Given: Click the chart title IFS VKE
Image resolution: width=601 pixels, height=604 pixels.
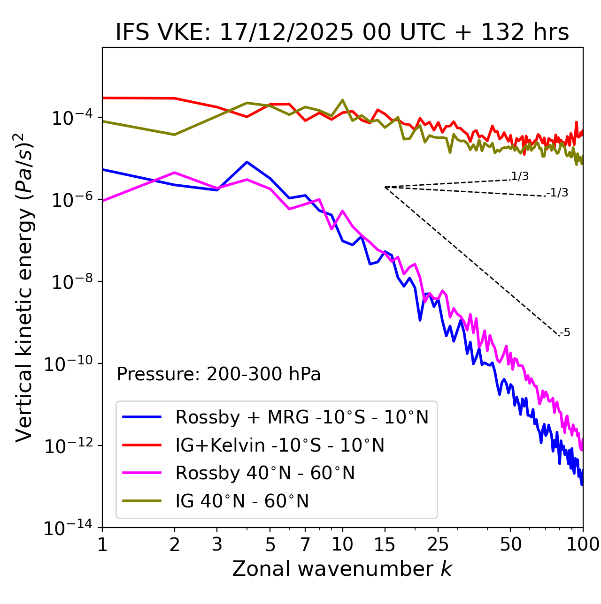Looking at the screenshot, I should point(342,33).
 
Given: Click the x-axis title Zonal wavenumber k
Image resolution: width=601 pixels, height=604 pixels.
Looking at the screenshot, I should point(342,568).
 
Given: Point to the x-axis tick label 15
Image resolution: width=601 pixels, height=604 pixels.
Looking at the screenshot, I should point(385,544).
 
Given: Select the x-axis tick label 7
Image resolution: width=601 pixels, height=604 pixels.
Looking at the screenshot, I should point(305,544).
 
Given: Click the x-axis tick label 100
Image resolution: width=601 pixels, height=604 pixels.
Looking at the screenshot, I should point(583,544).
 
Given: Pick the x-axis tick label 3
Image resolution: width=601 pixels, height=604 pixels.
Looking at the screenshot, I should point(217,544).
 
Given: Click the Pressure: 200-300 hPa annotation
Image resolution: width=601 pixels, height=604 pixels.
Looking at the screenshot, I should point(219,374).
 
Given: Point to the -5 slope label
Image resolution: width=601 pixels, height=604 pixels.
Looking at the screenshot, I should point(565,333).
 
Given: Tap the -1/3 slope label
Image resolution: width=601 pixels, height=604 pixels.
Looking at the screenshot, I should point(558,193).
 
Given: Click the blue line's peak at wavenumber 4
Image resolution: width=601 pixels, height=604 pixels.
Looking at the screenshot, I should point(247,162).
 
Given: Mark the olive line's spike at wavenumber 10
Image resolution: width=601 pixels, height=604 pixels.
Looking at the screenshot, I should point(342,100).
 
